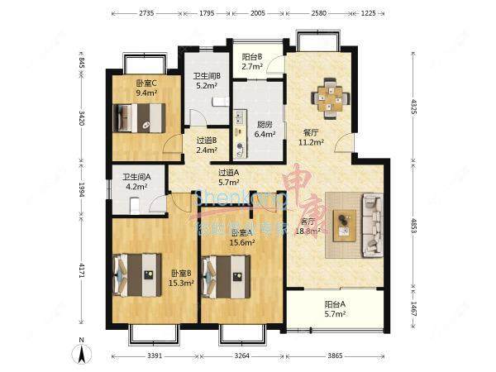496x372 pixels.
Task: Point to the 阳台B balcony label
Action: (253, 62)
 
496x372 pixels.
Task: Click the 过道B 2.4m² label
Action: (206, 145)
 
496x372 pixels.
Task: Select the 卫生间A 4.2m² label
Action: (135, 182)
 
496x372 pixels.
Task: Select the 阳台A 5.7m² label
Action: (335, 309)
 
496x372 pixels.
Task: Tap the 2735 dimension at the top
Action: (147, 13)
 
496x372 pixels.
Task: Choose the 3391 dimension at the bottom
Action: (154, 357)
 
